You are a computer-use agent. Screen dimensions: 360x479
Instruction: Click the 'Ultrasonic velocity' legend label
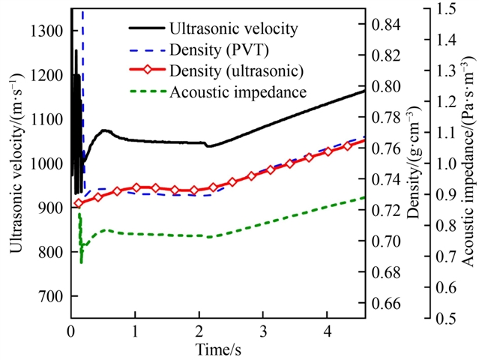(x=235, y=30)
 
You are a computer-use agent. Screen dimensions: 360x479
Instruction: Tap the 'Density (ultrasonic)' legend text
(x=236, y=72)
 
